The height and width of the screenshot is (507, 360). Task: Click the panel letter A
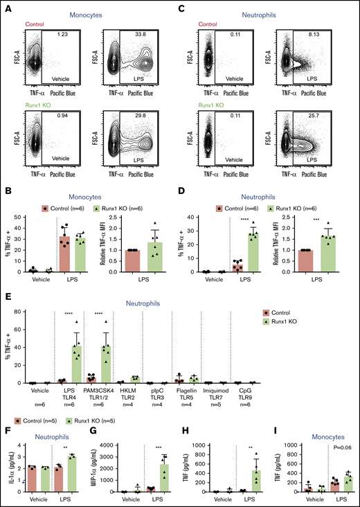6,6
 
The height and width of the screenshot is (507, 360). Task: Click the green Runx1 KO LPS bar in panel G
165,476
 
